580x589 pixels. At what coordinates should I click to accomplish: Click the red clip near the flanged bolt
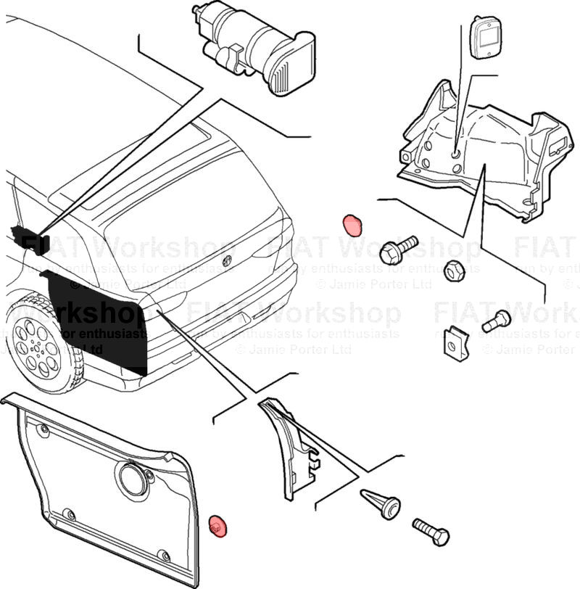coord(353,224)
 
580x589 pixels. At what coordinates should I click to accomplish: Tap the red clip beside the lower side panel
coord(217,526)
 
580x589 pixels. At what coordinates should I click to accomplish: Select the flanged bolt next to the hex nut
coord(397,249)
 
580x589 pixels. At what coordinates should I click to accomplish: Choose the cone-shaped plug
coord(381,502)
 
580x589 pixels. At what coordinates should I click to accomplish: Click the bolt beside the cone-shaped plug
coord(431,532)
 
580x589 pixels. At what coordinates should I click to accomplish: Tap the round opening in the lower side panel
coord(132,479)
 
